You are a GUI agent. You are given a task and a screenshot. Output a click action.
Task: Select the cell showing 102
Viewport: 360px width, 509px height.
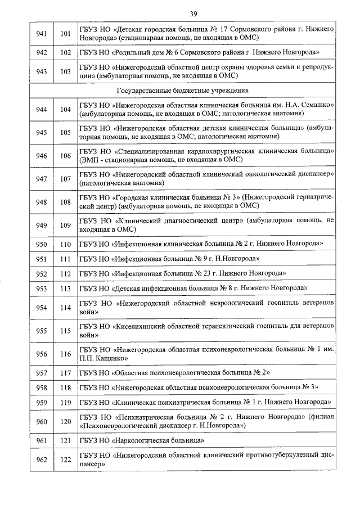pos(66,52)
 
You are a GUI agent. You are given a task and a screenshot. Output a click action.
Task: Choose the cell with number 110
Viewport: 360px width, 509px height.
pos(66,244)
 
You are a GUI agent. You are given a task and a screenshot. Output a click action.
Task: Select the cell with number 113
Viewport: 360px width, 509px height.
pos(66,288)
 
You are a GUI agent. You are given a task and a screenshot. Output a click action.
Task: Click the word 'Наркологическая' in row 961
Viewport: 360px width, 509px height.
pos(143,440)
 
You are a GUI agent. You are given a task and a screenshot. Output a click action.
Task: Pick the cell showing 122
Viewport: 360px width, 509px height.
pos(66,460)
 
